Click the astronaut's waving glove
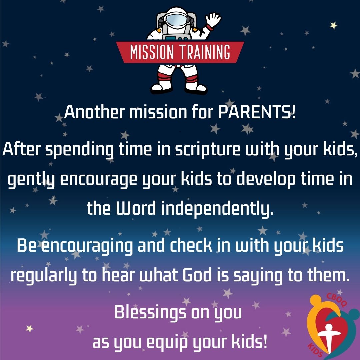(213, 20)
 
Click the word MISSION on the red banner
(152, 52)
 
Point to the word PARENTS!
(257, 112)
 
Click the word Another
(94, 112)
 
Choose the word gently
(32, 180)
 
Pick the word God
(197, 275)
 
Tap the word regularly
(43, 276)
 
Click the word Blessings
(150, 312)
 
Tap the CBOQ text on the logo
(337, 300)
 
